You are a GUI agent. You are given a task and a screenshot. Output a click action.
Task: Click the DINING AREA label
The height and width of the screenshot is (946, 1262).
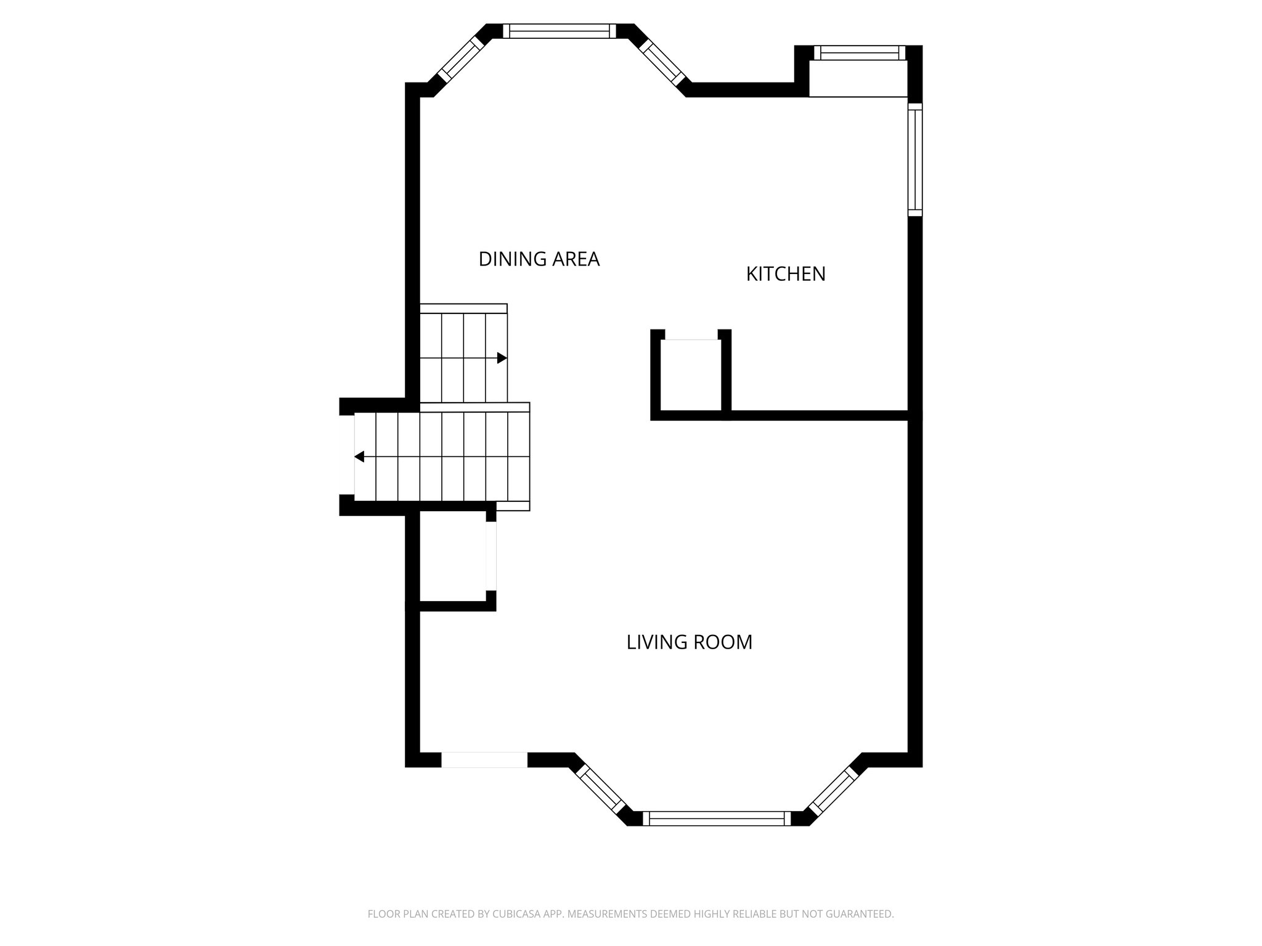pos(539,259)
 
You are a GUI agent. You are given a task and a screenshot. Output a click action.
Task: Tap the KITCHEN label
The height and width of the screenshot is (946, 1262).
pos(785,274)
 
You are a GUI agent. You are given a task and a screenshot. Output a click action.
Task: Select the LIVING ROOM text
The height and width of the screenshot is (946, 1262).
pos(689,642)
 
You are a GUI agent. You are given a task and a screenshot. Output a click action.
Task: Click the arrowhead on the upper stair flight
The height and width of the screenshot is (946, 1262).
pos(502,358)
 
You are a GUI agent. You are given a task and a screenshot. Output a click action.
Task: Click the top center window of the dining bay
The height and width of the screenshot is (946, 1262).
pos(560,31)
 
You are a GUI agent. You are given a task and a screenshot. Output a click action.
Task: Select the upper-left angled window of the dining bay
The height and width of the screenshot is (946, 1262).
pos(459,60)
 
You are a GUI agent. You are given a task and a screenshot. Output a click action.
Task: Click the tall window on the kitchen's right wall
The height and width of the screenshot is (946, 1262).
pos(915,160)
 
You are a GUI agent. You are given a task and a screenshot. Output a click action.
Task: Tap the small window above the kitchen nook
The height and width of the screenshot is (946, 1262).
pos(860,53)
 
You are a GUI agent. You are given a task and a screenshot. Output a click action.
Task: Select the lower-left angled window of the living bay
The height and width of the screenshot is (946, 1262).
pos(601,790)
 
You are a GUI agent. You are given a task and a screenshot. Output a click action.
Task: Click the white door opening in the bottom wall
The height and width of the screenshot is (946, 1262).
pos(484,759)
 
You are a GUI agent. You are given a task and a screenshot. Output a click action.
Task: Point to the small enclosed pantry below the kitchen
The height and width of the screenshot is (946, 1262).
pos(691,376)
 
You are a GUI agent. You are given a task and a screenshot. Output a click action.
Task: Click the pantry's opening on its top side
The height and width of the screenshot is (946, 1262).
pos(691,339)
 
